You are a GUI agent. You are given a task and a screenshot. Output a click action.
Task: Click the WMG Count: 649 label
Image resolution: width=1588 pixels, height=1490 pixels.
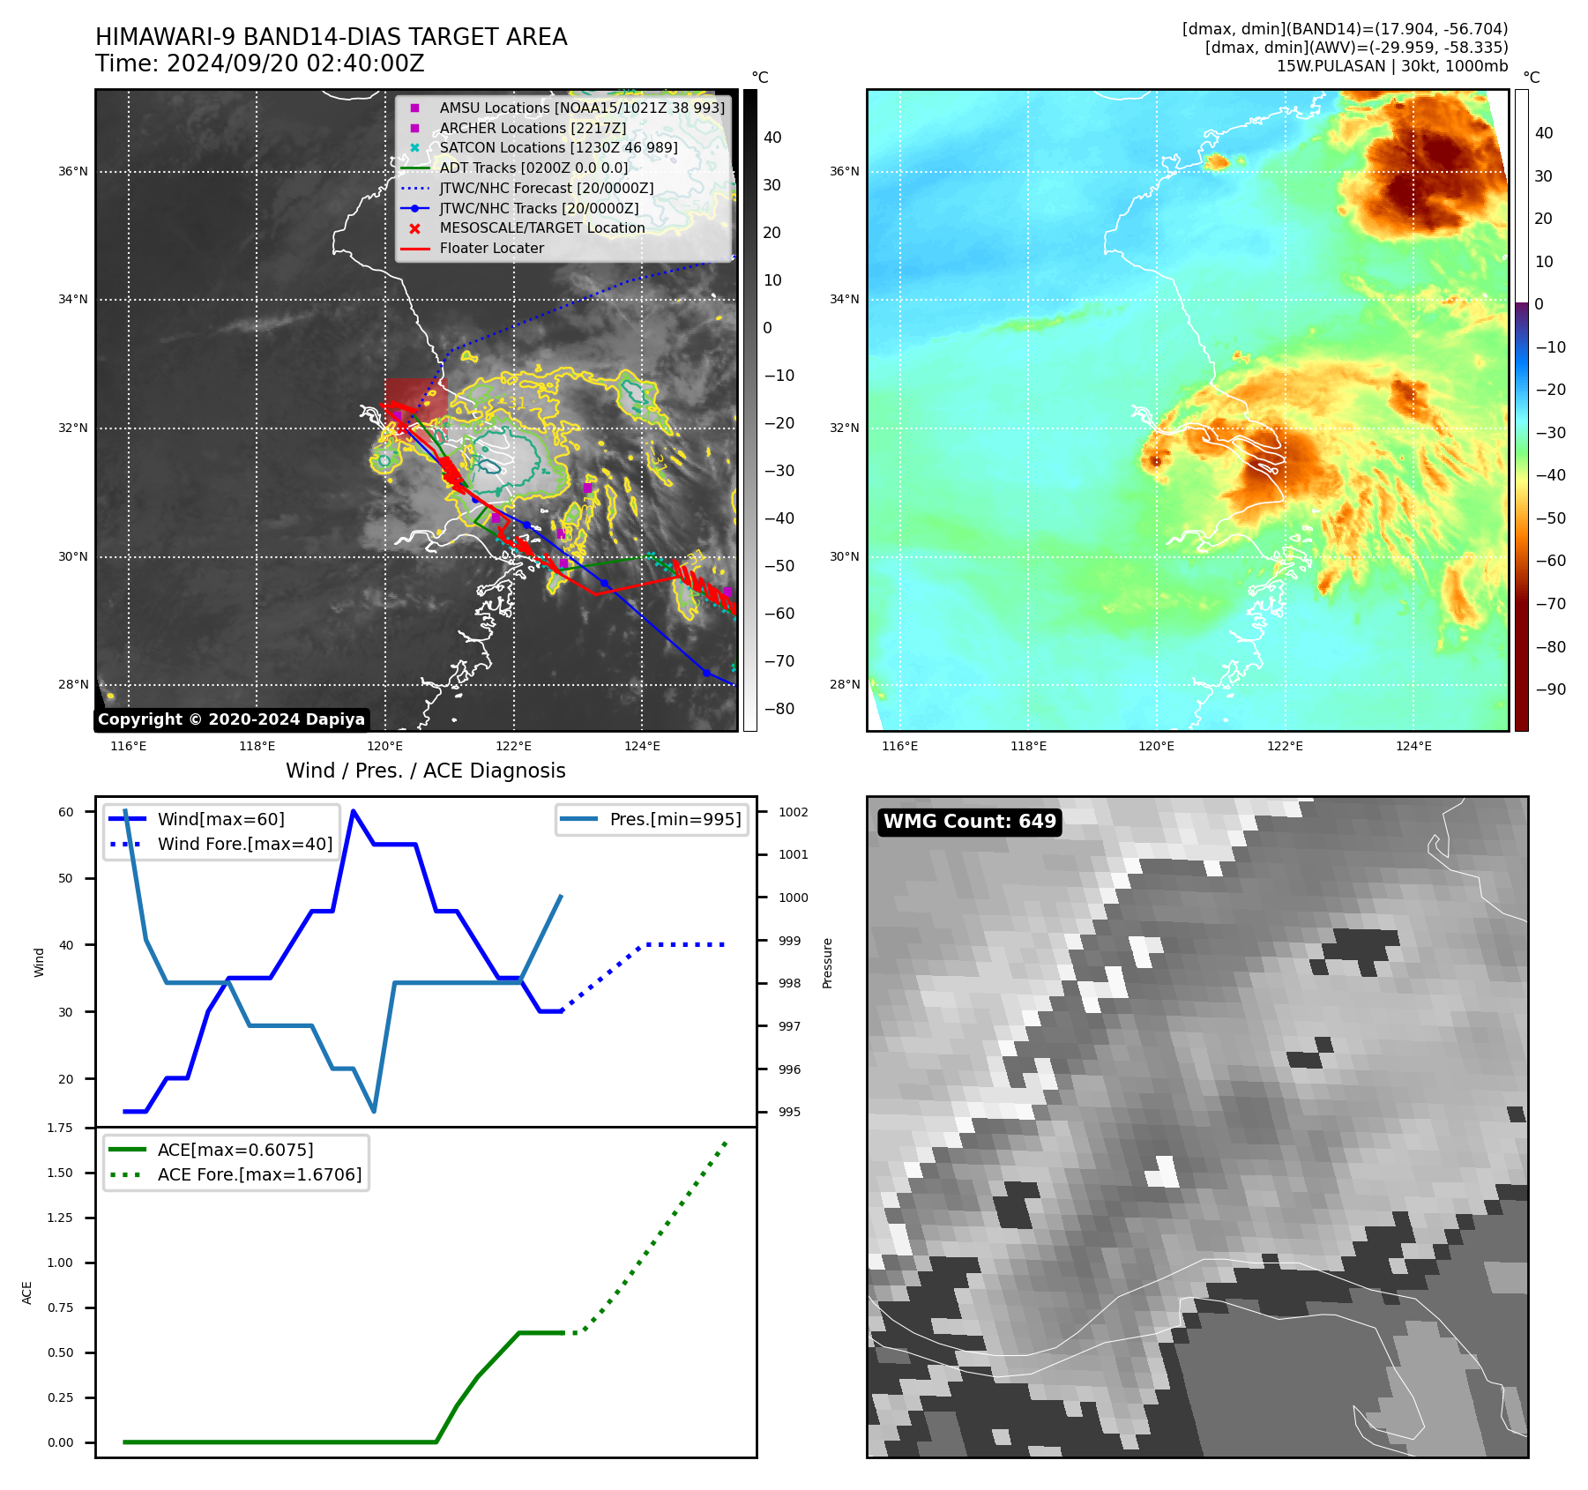pos(969,822)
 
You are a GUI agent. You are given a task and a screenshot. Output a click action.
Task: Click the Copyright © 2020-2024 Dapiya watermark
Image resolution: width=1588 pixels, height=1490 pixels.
pos(231,719)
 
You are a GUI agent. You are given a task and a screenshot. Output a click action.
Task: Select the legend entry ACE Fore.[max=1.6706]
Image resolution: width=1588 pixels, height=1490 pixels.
pos(259,1174)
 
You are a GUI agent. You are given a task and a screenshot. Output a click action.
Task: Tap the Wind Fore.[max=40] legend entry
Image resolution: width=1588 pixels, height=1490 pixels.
pos(245,844)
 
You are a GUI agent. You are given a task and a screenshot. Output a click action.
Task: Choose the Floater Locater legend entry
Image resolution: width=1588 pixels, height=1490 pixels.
pos(491,249)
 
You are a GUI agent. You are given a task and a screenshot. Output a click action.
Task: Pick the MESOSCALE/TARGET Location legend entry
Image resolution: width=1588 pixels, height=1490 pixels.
pos(541,228)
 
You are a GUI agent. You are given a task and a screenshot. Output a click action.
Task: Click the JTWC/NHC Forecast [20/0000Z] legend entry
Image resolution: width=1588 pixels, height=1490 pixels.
pos(546,189)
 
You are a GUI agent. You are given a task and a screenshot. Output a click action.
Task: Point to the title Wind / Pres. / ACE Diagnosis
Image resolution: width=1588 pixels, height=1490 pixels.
pos(426,771)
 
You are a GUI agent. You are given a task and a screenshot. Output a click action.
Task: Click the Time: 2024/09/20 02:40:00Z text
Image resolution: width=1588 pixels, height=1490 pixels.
pos(260,63)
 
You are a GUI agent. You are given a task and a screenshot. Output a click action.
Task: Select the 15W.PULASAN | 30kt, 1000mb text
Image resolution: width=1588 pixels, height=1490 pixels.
pos(1392,66)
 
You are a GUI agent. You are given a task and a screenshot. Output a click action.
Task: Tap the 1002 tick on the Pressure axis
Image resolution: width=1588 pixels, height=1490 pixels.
pos(793,812)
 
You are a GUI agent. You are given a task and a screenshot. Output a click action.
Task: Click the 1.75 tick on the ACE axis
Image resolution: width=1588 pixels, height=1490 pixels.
pos(60,1128)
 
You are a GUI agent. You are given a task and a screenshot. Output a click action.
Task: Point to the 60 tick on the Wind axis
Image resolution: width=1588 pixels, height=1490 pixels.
pos(66,812)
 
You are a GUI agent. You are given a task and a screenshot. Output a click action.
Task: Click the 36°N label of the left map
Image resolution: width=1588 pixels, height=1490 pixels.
pos(73,172)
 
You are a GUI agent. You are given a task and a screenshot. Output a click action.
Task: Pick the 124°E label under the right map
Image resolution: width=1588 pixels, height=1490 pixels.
pos(1413,747)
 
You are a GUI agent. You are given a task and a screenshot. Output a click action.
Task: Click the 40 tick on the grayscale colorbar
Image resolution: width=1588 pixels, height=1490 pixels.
pos(772,138)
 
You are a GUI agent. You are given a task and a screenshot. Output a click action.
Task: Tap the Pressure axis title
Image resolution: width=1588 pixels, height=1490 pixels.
pos(827,963)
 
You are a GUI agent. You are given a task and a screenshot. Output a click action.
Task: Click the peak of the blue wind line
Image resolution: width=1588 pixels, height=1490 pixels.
pos(354,811)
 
